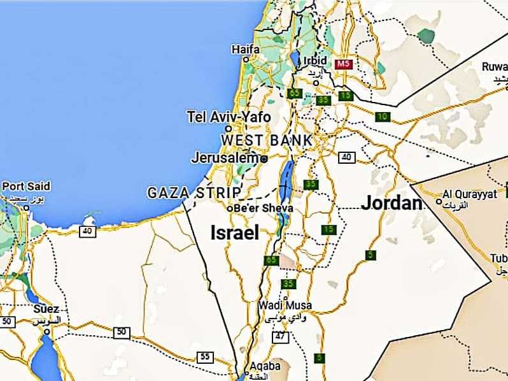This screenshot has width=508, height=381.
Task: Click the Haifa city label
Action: click(246, 49)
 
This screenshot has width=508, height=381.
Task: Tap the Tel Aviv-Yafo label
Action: click(229, 117)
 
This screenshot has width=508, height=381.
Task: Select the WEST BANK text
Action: click(267, 140)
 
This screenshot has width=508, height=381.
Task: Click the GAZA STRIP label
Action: click(194, 192)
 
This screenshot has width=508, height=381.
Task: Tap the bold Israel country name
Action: click(235, 233)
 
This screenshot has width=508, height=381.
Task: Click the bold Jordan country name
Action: click(392, 203)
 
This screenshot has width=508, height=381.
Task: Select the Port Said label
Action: click(26, 187)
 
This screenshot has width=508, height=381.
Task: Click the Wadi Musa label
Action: click(279, 306)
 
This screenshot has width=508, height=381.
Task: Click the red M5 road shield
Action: click(344, 64)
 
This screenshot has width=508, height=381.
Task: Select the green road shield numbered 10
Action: click(382, 117)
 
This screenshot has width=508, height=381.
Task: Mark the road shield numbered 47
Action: click(281, 336)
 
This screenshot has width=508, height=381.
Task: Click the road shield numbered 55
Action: click(204, 357)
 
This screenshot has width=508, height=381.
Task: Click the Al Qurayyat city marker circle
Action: click(438, 201)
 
